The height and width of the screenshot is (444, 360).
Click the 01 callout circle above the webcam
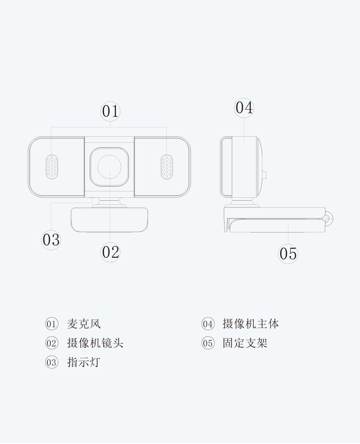pyautogui.click(x=110, y=112)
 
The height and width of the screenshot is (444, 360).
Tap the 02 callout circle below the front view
pyautogui.click(x=110, y=252)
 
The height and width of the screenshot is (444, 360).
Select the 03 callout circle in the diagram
pyautogui.click(x=51, y=240)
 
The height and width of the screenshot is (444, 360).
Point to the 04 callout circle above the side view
pyautogui.click(x=244, y=108)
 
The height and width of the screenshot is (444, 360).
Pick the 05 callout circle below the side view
pyautogui.click(x=288, y=254)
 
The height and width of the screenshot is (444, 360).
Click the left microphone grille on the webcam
pyautogui.click(x=52, y=167)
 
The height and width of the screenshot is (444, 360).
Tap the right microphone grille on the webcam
pyautogui.click(x=167, y=167)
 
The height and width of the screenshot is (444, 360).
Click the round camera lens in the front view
pyautogui.click(x=109, y=167)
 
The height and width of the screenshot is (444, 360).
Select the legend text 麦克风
pyautogui.click(x=84, y=324)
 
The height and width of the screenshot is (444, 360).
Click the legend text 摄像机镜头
pyautogui.click(x=95, y=343)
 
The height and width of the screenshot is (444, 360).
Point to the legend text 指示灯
pyautogui.click(x=84, y=362)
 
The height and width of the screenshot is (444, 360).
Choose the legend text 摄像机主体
pyautogui.click(x=251, y=324)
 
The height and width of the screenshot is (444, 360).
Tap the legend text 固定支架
pyautogui.click(x=245, y=343)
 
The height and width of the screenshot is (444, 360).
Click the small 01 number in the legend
pyautogui.click(x=51, y=324)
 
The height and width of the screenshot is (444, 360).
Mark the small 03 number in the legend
pyautogui.click(x=51, y=362)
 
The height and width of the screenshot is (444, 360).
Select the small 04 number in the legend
pyautogui.click(x=208, y=324)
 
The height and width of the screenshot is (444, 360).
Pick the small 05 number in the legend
pyautogui.click(x=208, y=343)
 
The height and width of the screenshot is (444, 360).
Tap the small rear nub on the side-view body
pyautogui.click(x=265, y=175)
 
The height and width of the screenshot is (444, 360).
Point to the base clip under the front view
pyautogui.click(x=109, y=220)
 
